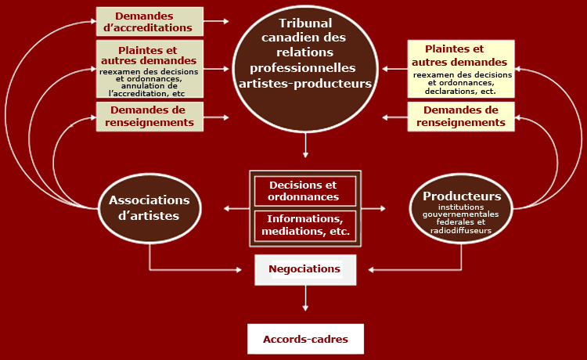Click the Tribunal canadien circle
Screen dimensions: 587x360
click(305, 69)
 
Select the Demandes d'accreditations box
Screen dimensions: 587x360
click(149, 21)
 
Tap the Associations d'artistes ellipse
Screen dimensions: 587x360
click(149, 208)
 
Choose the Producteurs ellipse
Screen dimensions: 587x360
click(461, 208)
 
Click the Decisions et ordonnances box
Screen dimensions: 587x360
click(305, 191)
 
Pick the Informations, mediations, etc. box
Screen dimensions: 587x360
click(305, 225)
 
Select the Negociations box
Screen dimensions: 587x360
click(305, 270)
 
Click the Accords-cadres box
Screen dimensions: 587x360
click(305, 339)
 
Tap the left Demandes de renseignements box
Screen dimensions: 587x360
click(149, 117)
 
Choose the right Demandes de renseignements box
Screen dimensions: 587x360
click(461, 117)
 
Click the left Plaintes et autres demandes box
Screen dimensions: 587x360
click(149, 69)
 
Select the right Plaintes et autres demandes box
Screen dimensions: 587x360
click(461, 69)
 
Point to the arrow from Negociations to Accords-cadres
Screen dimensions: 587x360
click(305, 298)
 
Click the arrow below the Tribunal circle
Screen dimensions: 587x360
click(305, 146)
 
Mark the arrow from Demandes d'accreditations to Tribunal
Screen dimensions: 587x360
click(216, 21)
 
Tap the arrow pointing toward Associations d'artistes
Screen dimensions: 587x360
click(236, 208)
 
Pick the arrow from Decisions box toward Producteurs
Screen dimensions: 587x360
click(373, 208)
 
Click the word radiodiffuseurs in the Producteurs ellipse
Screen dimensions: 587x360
click(461, 231)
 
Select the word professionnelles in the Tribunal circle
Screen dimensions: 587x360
click(302, 68)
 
